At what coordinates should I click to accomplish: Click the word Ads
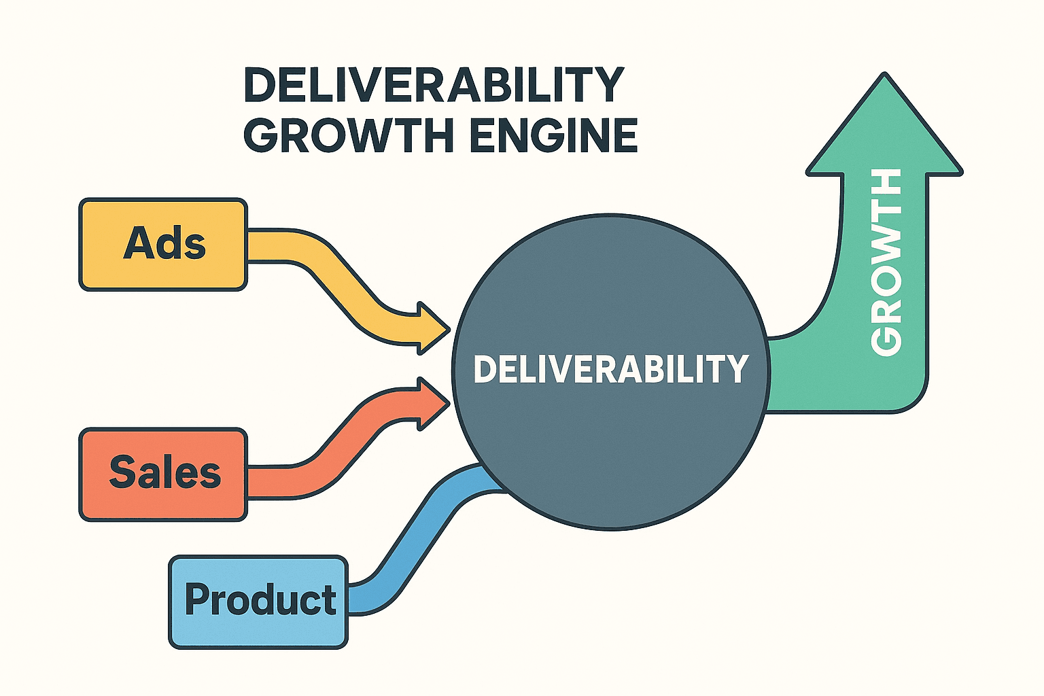164,243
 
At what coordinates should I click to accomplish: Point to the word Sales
165,472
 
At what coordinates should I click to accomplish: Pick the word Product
260,599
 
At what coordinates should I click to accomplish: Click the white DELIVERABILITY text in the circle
610,369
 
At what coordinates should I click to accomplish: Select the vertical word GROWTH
886,262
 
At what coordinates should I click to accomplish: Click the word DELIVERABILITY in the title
433,85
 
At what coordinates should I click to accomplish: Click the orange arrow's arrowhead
432,404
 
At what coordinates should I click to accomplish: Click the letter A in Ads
138,243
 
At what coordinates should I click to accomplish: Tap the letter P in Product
197,599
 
